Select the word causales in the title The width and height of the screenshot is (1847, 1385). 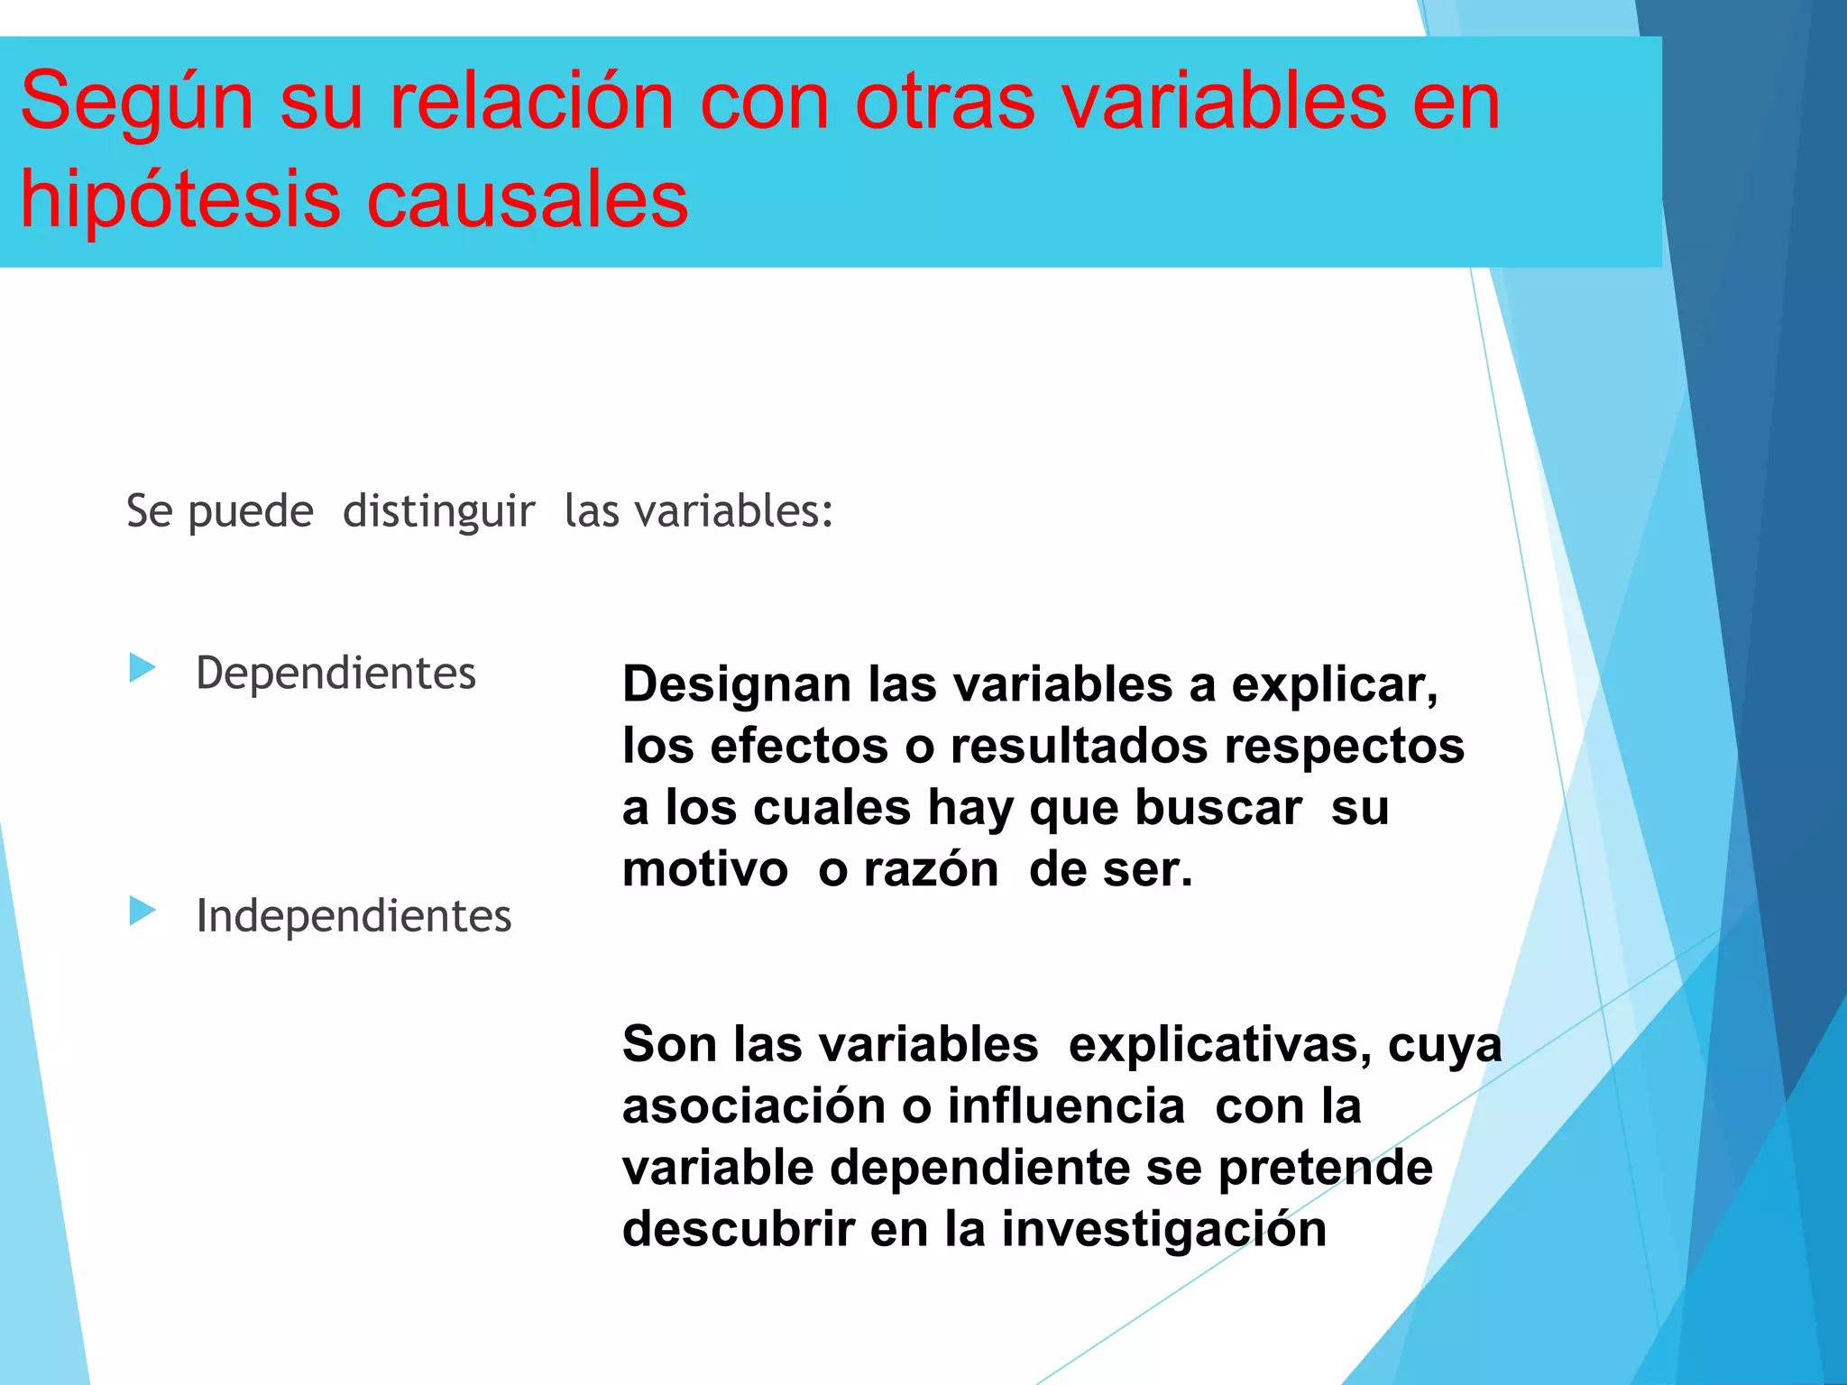[528, 200]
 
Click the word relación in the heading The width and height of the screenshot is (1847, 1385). [531, 102]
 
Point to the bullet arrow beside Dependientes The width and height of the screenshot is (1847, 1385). [142, 668]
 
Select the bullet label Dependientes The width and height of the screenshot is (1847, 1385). [335, 674]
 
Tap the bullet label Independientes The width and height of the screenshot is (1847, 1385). [354, 916]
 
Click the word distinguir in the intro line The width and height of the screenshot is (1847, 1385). [439, 512]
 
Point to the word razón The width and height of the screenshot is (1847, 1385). [931, 870]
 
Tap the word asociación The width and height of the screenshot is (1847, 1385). [754, 1106]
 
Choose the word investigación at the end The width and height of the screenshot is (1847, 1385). [1163, 1230]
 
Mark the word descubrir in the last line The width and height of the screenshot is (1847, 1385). [739, 1230]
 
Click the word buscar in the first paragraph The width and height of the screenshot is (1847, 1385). [1218, 808]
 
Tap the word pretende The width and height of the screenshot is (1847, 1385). [1325, 1169]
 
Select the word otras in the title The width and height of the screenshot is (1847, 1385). [945, 102]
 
